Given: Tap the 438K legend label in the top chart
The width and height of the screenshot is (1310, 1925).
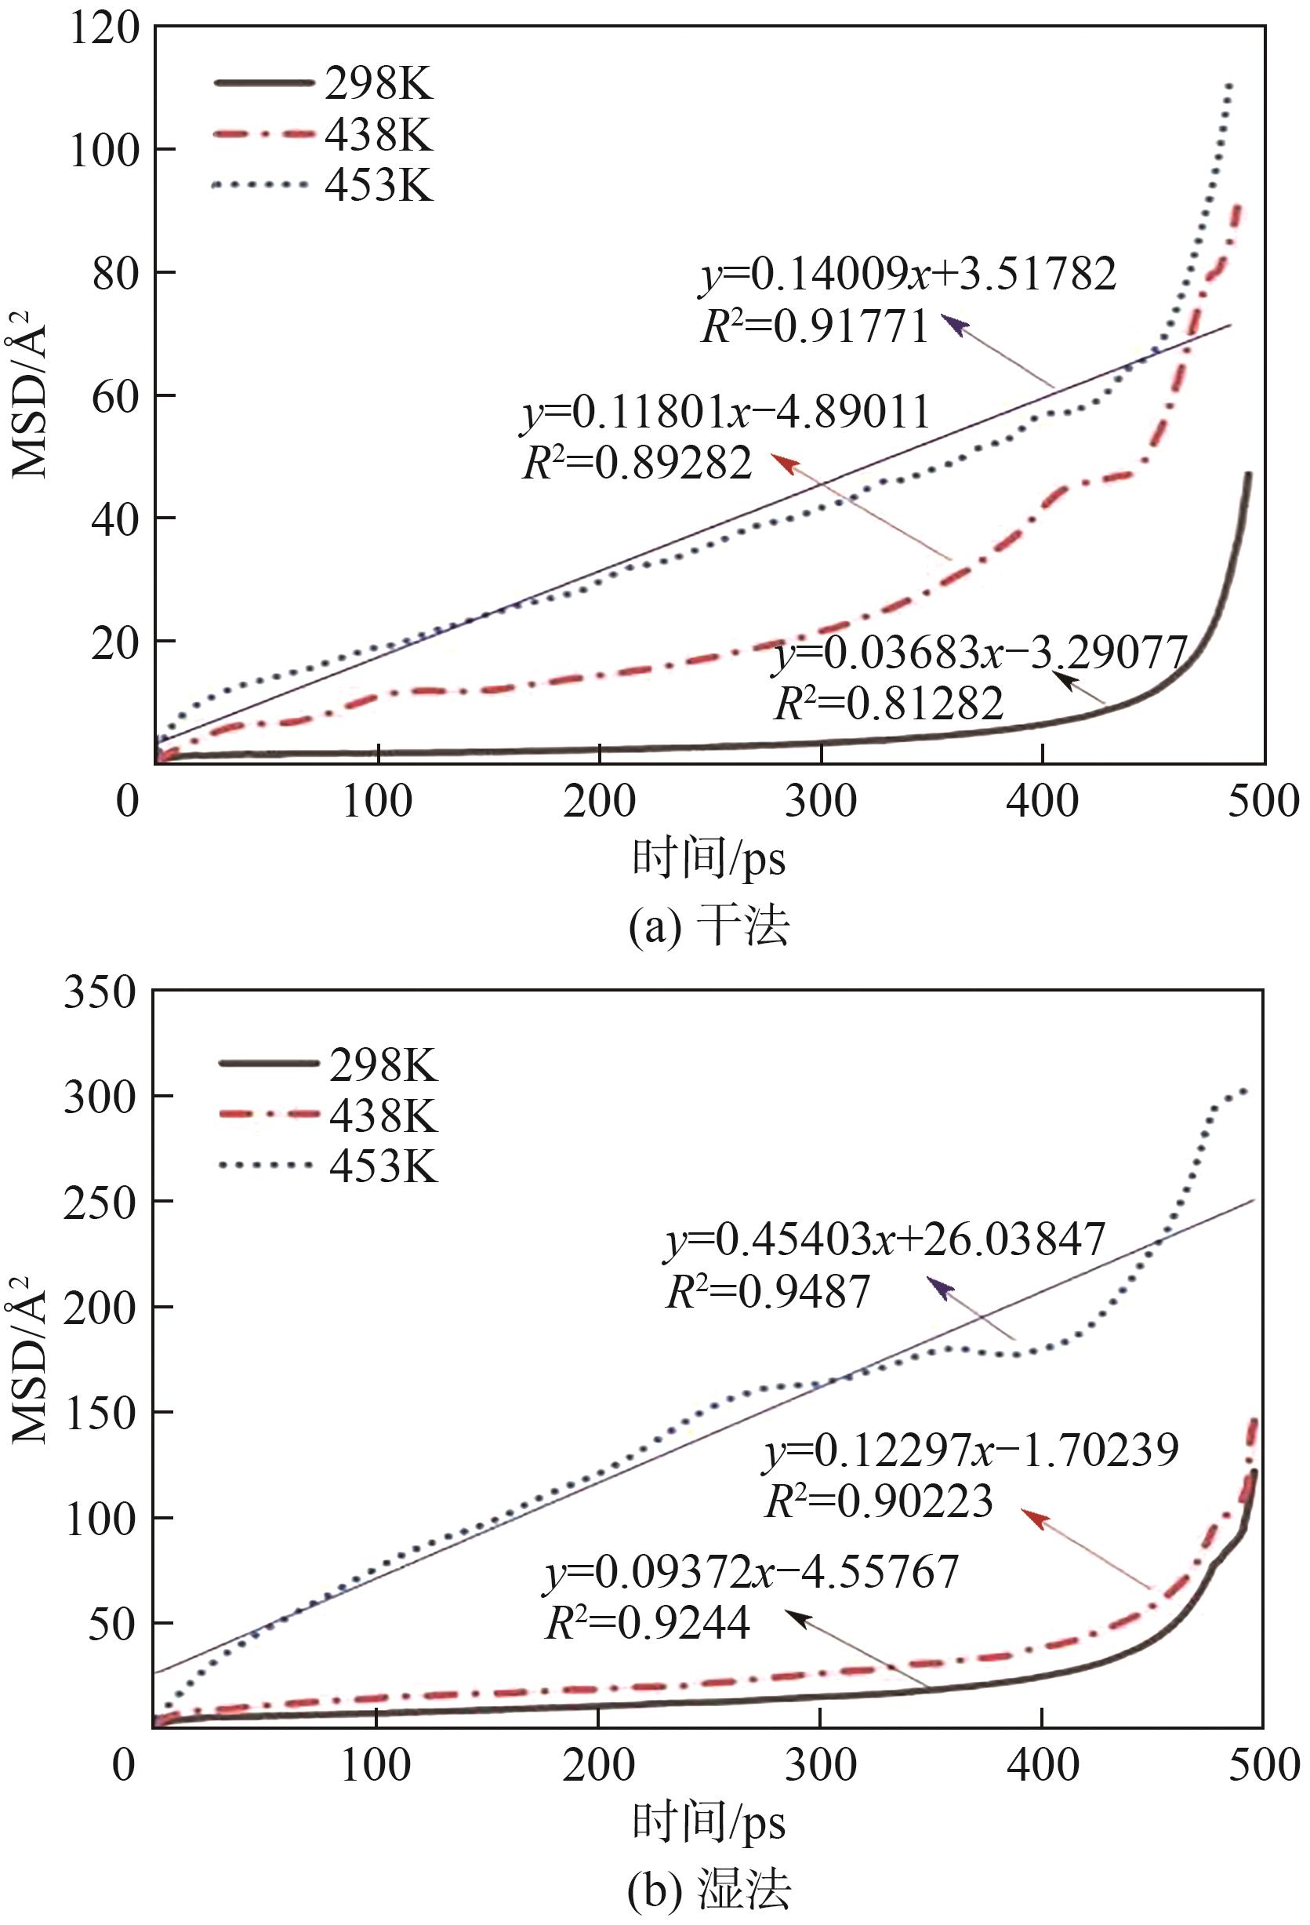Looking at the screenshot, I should coord(378,134).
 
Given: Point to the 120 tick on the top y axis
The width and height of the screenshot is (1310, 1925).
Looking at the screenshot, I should coord(104,30).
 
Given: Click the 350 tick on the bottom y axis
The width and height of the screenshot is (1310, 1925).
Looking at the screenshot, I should coord(100,992).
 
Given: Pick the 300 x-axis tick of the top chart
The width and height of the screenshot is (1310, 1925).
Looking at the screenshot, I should coord(821,801).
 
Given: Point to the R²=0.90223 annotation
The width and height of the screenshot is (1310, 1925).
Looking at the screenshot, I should coord(879,1501).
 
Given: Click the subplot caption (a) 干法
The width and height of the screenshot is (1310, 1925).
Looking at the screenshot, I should coord(708,926).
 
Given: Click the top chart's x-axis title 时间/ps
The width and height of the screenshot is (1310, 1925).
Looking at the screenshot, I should coord(708,858).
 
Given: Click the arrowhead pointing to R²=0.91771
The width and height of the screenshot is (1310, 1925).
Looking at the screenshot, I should coord(953,325).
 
